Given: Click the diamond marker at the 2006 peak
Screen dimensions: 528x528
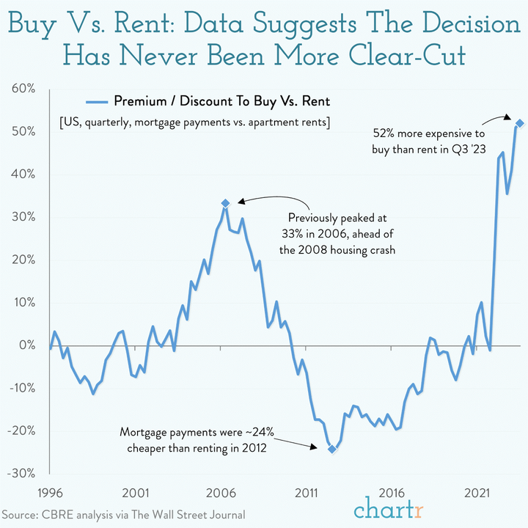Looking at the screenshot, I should [x=225, y=203].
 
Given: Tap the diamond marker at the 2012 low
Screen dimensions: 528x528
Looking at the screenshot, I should [x=331, y=449].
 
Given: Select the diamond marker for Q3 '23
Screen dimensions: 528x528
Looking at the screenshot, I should [x=519, y=123].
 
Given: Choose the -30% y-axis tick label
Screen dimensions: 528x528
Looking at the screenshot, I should [x=22, y=473].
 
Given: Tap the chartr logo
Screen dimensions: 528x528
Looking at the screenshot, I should [x=388, y=507].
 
